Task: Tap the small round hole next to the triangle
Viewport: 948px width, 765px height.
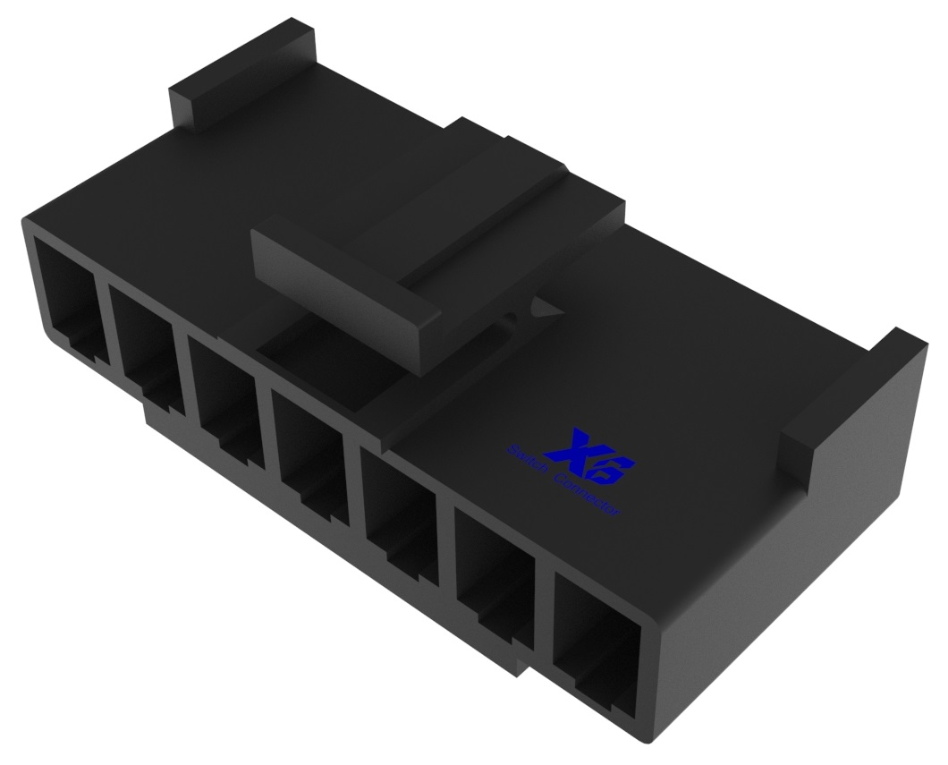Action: click(511, 317)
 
